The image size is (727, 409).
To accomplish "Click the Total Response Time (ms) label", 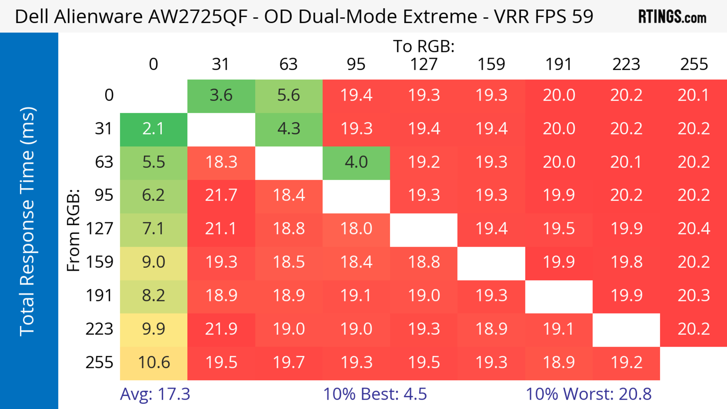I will pyautogui.click(x=28, y=221).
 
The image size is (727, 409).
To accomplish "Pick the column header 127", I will pyautogui.click(x=424, y=64).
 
